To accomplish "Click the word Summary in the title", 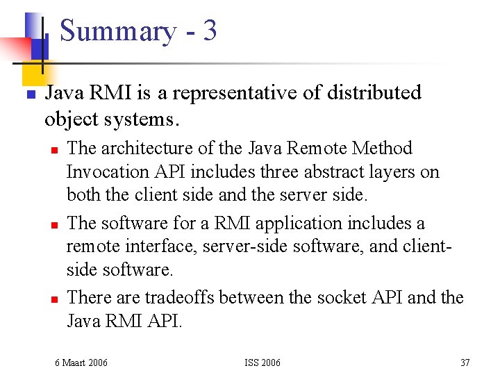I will tap(118, 32).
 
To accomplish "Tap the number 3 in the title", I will tap(210, 31).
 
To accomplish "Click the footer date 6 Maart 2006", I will tap(81, 362).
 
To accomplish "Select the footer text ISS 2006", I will tap(262, 362).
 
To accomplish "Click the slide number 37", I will tap(465, 362).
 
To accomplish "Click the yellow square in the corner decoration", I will tap(32, 69).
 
